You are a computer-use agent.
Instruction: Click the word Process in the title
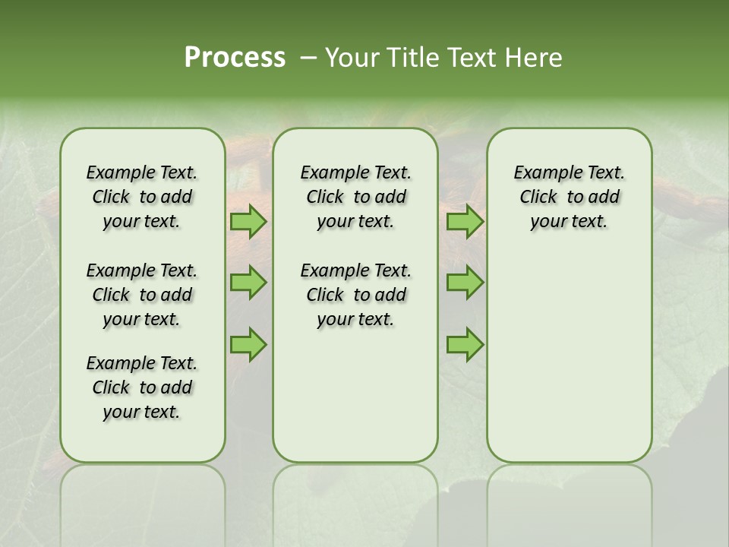pos(235,58)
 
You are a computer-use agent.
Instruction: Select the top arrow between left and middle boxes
pos(248,222)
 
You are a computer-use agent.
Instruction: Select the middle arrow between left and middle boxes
pos(248,283)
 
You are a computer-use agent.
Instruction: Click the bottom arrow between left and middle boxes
pos(248,344)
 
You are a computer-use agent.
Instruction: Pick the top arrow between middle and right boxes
pos(465,222)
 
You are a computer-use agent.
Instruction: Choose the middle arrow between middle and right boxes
pos(465,283)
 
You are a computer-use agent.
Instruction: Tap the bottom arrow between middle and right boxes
pos(465,344)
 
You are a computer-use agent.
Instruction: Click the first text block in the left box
pos(142,197)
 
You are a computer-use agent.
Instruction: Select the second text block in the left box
pos(142,295)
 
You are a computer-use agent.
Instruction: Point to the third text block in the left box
pos(142,387)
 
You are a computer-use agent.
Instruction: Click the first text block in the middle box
pos(355,197)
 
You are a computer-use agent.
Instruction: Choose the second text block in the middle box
pos(355,295)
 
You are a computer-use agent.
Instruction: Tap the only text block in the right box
pos(569,197)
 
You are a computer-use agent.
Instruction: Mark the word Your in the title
pos(350,58)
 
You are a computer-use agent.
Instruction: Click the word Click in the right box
pos(538,198)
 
